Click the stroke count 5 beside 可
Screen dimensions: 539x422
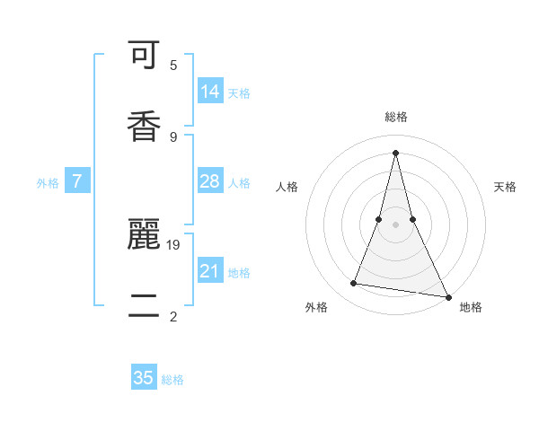[173, 65]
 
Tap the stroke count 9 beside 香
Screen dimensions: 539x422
[173, 136]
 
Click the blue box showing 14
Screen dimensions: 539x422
[210, 92]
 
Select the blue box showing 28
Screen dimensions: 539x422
[210, 181]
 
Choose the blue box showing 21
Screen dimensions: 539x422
[210, 271]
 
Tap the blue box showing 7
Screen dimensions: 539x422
[77, 181]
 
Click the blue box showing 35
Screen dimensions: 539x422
[144, 378]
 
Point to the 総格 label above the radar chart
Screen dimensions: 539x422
[396, 118]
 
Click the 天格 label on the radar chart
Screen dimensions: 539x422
[505, 187]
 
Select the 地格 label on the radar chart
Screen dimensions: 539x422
[471, 307]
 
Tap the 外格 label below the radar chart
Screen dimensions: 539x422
[316, 307]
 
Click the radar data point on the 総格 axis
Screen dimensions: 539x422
[395, 152]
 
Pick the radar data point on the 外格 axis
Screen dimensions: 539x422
[353, 284]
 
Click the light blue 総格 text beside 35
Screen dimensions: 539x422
[172, 380]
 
